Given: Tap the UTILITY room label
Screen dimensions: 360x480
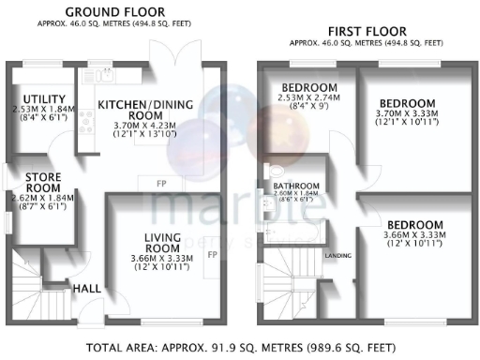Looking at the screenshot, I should pyautogui.click(x=44, y=98).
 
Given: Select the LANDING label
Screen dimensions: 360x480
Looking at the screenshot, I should pyautogui.click(x=337, y=254).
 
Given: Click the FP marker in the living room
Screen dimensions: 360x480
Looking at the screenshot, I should pyautogui.click(x=212, y=254).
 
